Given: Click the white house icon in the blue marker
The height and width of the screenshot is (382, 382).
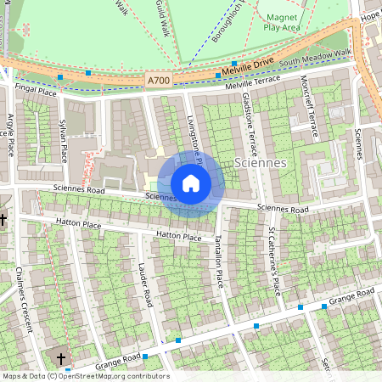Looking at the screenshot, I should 191,183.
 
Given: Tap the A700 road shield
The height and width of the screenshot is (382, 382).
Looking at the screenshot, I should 158,80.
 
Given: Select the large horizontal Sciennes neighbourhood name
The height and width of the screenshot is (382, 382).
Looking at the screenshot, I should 259,162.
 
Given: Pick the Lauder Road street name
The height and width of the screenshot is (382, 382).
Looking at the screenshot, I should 145,284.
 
